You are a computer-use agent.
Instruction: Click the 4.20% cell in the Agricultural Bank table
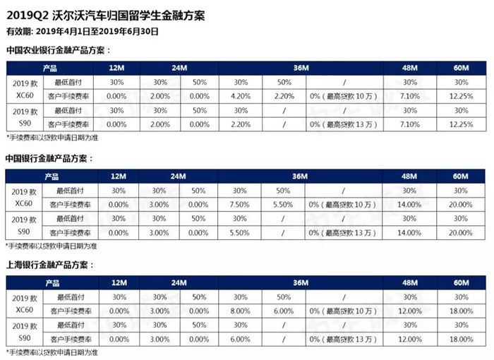[240, 96]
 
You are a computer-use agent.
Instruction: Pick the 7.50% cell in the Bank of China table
[240, 204]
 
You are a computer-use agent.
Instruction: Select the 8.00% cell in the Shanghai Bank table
[240, 311]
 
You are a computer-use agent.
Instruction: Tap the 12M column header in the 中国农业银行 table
[118, 68]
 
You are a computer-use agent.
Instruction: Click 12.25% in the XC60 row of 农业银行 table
[461, 96]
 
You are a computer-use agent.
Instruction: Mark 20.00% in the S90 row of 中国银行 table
[461, 232]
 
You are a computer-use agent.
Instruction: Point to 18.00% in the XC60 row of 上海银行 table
[461, 311]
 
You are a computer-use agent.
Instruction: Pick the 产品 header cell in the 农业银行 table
[50, 68]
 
